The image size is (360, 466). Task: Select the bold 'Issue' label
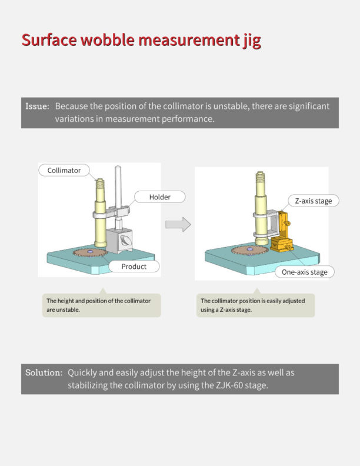[x=37, y=106]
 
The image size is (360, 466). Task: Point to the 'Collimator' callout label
[x=64, y=171]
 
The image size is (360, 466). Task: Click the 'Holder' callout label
[x=159, y=197]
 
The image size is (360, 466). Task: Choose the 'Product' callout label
[x=134, y=267]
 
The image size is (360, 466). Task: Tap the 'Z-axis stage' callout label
[x=313, y=201]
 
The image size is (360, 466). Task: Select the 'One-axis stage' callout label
[x=305, y=272]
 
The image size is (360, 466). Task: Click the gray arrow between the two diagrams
[x=178, y=224]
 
